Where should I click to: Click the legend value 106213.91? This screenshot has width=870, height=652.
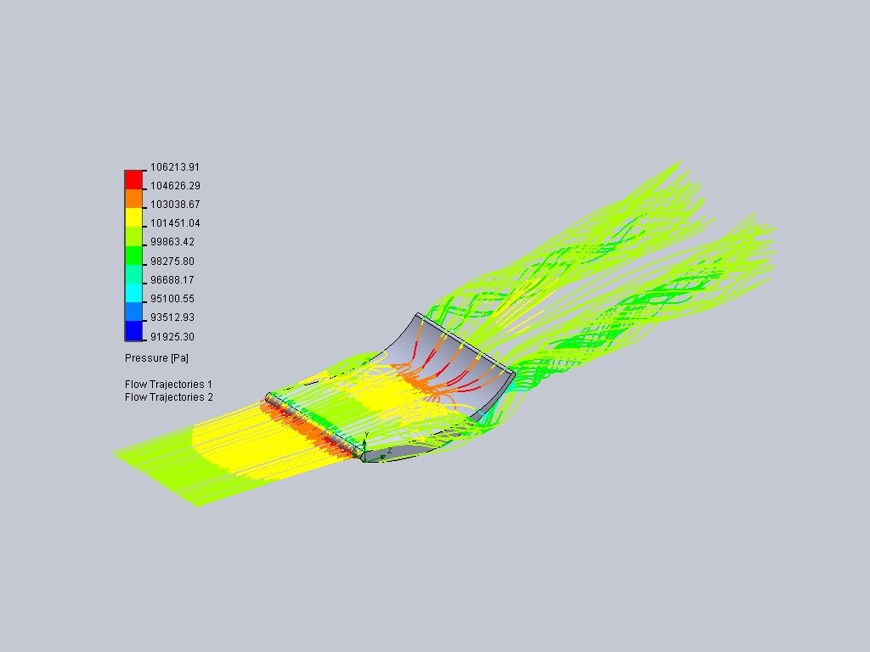click(x=175, y=167)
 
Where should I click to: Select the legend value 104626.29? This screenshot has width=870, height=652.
click(x=175, y=186)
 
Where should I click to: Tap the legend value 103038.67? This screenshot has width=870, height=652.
click(x=175, y=205)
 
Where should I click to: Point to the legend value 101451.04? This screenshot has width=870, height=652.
click(x=175, y=223)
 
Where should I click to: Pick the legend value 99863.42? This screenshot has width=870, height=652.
click(x=172, y=242)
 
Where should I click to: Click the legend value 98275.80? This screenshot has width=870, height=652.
click(x=172, y=261)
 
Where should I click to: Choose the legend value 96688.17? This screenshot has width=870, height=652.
click(x=172, y=280)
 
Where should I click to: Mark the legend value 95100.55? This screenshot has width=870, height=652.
click(x=172, y=299)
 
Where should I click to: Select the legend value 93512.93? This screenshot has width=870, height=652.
click(x=172, y=318)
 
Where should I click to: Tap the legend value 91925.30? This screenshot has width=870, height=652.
click(x=172, y=336)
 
